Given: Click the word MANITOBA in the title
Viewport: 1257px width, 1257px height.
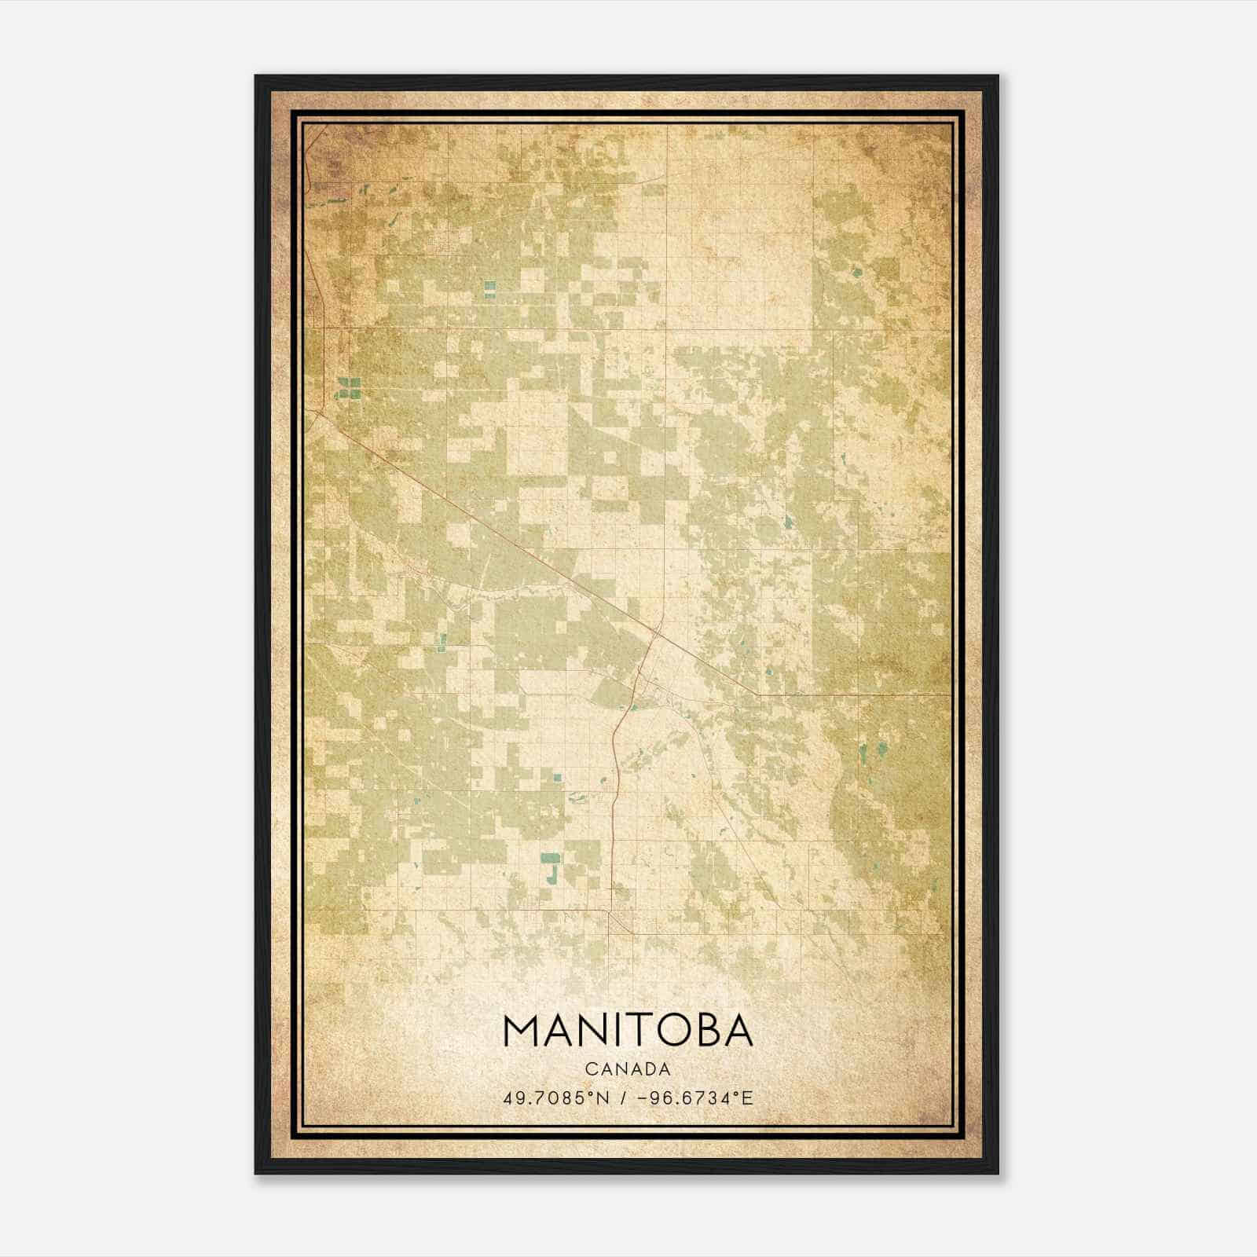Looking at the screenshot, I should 628,1032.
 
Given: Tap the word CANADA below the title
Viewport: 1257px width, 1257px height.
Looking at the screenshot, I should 628,1069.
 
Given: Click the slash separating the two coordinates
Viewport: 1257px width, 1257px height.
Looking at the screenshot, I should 624,1098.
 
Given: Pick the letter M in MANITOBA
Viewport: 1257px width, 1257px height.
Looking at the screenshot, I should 522,1032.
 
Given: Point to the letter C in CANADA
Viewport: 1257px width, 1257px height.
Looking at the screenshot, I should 589,1069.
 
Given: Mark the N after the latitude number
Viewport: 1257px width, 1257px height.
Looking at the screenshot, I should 603,1098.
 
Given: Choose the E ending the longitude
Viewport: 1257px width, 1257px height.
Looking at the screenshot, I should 748,1098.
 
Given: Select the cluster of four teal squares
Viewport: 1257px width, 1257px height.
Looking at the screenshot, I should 348,386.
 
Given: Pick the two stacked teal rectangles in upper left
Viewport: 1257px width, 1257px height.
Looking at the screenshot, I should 489,289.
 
